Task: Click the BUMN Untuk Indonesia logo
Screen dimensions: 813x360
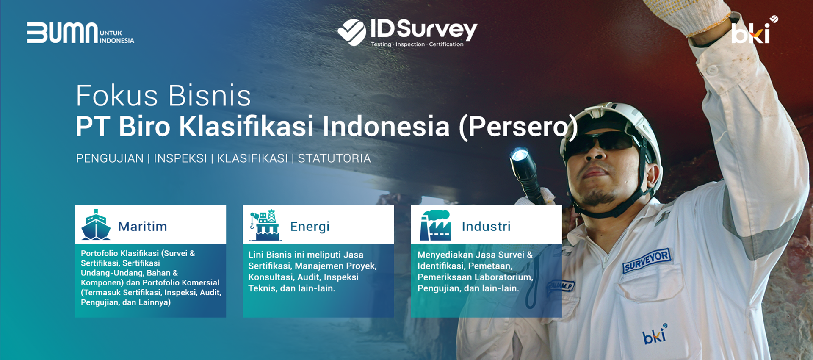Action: (80, 33)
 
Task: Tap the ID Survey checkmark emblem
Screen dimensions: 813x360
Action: (352, 32)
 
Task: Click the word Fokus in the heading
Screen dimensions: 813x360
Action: (116, 96)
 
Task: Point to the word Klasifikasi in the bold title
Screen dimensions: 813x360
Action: (246, 126)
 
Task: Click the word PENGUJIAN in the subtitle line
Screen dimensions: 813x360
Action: (110, 158)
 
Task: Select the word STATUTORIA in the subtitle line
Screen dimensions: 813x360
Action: (334, 158)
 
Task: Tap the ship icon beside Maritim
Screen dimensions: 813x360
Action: (96, 225)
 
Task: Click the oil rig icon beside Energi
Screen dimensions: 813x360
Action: (265, 225)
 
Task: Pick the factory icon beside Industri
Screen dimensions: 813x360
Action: (435, 225)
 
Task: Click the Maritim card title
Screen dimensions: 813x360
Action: (143, 227)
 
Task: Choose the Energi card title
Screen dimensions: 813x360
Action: (310, 227)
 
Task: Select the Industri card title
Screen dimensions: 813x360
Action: (486, 227)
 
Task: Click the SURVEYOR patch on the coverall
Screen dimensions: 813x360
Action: (647, 260)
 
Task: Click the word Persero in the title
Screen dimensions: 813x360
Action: (519, 126)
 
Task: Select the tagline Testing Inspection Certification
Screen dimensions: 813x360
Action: (417, 44)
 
